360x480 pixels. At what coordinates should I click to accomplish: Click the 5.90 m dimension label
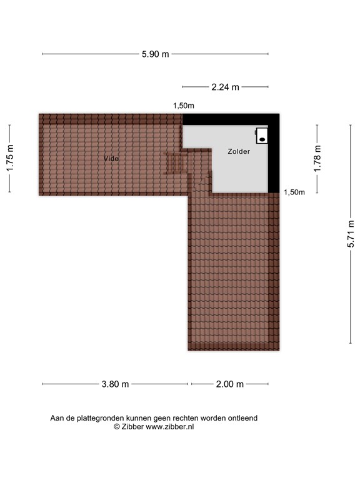[x=156, y=54]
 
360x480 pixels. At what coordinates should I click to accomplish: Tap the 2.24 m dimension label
[x=225, y=87]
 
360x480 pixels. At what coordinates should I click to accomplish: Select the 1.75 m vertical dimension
[x=10, y=158]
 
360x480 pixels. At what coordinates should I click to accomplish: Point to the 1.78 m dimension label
[x=317, y=158]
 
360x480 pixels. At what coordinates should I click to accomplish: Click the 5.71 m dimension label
[x=351, y=233]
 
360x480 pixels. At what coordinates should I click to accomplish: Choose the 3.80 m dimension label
[x=115, y=384]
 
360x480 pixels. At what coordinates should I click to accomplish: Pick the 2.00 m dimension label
[x=229, y=384]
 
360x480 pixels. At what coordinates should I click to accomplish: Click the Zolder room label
[x=239, y=151]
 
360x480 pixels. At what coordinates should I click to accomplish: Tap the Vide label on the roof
[x=111, y=159]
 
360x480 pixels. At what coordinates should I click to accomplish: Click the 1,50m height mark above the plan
[x=184, y=106]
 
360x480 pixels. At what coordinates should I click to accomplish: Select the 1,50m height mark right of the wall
[x=294, y=192]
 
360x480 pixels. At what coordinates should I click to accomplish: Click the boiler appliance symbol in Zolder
[x=262, y=136]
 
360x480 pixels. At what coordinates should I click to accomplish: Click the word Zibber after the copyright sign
[x=132, y=427]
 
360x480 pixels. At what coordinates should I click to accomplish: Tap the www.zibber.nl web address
[x=170, y=427]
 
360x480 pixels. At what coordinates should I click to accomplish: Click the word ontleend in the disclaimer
[x=242, y=418]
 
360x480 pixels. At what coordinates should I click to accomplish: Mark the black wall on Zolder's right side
[x=273, y=156]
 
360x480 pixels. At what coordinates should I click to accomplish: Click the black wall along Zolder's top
[x=230, y=119]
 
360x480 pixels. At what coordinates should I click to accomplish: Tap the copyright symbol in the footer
[x=116, y=427]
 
